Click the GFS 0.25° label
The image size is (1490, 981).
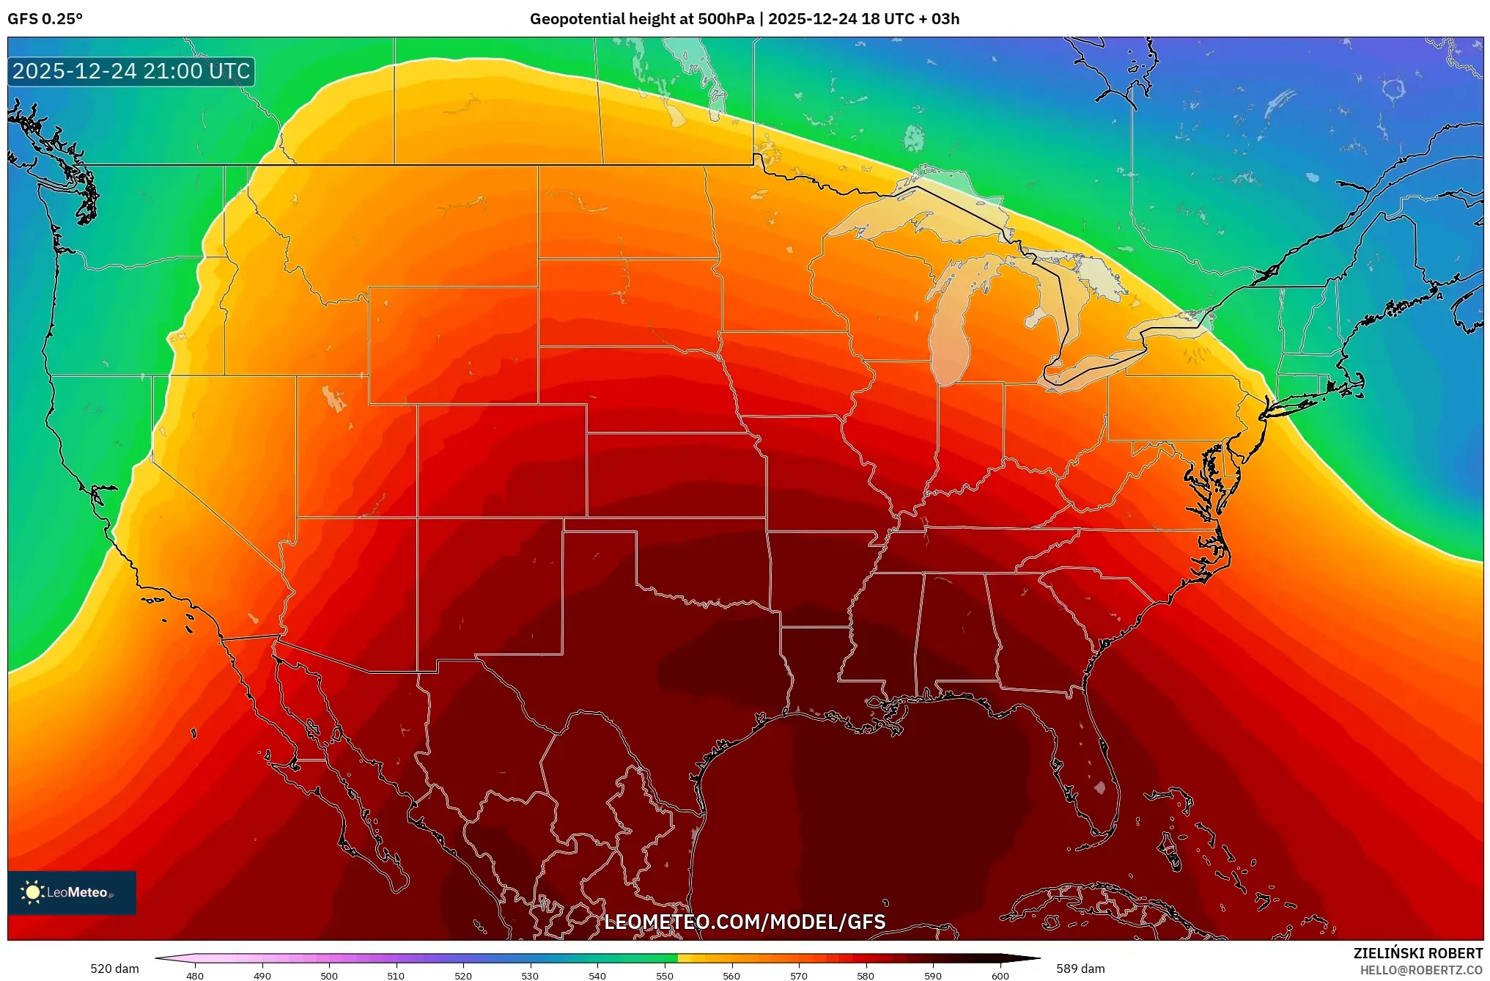click(45, 19)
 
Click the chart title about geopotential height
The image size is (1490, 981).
click(744, 19)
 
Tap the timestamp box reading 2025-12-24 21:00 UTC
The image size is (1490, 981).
click(131, 72)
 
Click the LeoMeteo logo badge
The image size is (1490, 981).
click(72, 892)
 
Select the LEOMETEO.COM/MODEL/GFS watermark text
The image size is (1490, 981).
click(744, 922)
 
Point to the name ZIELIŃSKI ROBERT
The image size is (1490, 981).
click(1417, 953)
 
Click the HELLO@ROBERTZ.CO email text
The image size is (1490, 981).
click(1421, 970)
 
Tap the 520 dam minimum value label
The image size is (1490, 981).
click(114, 969)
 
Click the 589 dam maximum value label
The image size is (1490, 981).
click(1080, 969)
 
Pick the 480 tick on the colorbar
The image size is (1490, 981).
click(195, 976)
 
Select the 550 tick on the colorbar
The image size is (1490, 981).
click(664, 976)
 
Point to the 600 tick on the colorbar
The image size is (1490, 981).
click(1000, 976)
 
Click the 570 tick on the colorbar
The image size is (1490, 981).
click(798, 976)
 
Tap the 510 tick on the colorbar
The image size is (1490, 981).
click(396, 976)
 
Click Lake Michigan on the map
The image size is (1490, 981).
click(950, 334)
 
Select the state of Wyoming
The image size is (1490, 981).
click(452, 345)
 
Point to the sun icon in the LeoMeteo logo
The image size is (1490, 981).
click(32, 892)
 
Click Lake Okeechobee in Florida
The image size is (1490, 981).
click(1099, 788)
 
